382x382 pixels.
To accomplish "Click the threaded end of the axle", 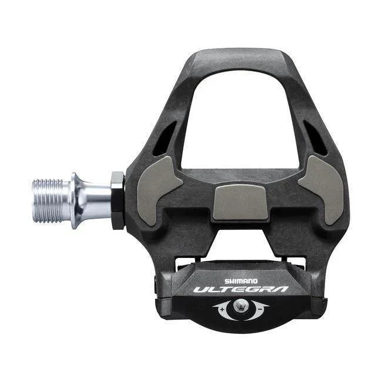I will pyautogui.click(x=51, y=200).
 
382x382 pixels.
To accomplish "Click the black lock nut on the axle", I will pyautogui.click(x=117, y=200).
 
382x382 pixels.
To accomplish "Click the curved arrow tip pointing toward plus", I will pyautogui.click(x=215, y=307).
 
